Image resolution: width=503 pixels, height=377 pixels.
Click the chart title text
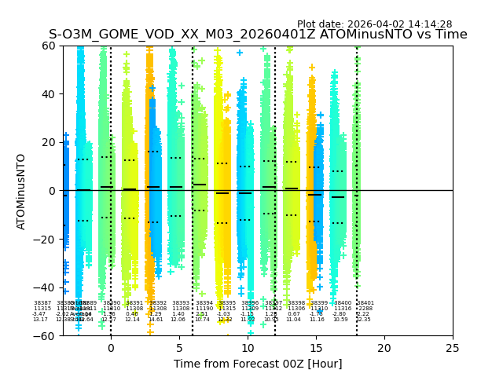[258, 35]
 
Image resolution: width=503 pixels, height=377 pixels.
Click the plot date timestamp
[374, 24]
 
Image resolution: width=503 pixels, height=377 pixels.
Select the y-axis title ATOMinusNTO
[21, 191]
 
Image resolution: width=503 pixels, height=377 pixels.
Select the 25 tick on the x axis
[453, 348]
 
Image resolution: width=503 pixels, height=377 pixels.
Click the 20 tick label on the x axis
[384, 348]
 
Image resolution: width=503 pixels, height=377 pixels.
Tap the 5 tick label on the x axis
[179, 348]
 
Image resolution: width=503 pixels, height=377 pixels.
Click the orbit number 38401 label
[365, 303]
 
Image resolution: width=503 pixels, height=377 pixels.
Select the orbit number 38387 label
[42, 303]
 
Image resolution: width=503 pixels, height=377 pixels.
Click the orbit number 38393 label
[181, 303]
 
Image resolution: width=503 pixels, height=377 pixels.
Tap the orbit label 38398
[296, 303]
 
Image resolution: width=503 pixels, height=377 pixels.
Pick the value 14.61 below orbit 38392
[156, 320]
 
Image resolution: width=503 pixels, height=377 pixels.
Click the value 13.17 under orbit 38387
[40, 320]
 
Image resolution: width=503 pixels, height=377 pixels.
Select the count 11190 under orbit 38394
[204, 309]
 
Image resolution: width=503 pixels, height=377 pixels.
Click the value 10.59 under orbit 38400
[340, 320]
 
